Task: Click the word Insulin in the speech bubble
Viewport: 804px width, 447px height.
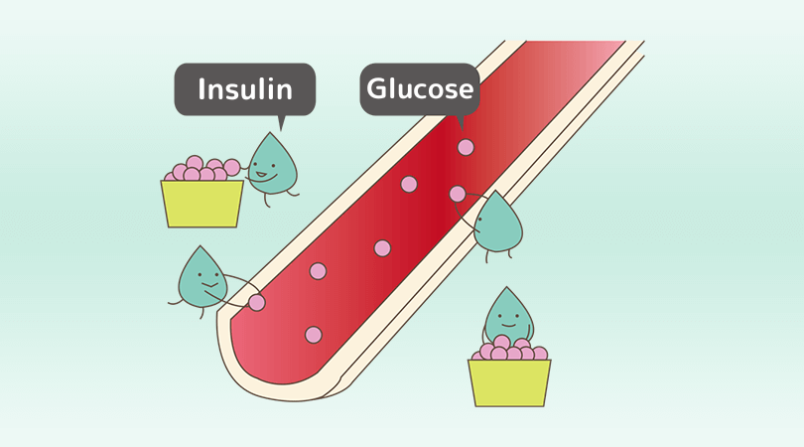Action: pyautogui.click(x=245, y=89)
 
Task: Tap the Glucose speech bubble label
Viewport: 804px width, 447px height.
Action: pyautogui.click(x=419, y=89)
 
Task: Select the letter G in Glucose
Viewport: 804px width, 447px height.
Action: pyautogui.click(x=376, y=89)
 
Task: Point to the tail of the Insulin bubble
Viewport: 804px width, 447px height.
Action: pyautogui.click(x=281, y=122)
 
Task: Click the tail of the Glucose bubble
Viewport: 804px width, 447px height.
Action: pyautogui.click(x=459, y=121)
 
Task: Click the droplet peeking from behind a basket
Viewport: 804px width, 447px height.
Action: pyautogui.click(x=508, y=316)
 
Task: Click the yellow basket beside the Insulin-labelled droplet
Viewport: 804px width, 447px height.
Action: pyautogui.click(x=202, y=204)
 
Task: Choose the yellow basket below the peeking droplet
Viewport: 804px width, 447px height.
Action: pyautogui.click(x=509, y=382)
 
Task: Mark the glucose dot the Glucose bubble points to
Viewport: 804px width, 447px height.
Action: pyautogui.click(x=466, y=147)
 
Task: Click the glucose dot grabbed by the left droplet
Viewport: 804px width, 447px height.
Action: pyautogui.click(x=257, y=302)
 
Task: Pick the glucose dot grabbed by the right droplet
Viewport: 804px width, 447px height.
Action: pyautogui.click(x=458, y=194)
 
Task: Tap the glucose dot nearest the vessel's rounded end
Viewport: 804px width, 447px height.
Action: pyautogui.click(x=314, y=335)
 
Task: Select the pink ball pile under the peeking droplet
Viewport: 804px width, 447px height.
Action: pyautogui.click(x=510, y=350)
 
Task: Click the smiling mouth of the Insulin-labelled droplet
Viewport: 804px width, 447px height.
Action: pyautogui.click(x=261, y=176)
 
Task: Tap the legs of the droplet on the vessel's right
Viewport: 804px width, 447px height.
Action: pyautogui.click(x=498, y=255)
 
